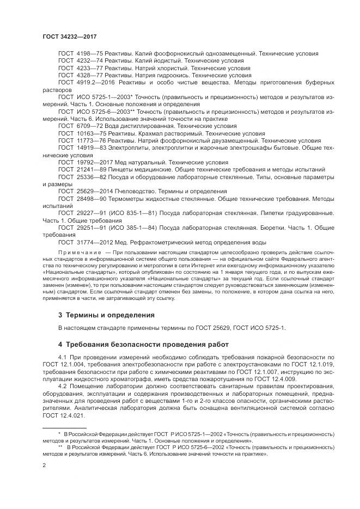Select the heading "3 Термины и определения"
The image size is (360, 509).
point(106,315)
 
